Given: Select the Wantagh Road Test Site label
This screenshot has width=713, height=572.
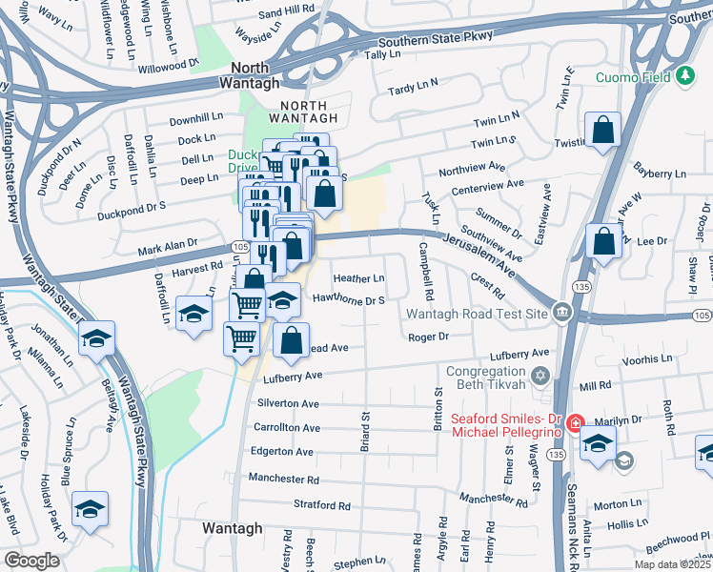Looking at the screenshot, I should (477, 314).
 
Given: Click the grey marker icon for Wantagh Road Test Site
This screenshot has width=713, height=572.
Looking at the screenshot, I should (562, 313).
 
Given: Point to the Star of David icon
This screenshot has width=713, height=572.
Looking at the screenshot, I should (542, 377).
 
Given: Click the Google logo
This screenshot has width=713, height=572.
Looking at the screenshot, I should (31, 561).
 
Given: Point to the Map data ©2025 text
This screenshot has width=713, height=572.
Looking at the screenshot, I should (672, 564).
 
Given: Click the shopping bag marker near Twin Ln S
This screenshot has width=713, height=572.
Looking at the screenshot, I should (603, 131).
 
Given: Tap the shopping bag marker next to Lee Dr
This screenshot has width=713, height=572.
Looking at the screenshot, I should (603, 241).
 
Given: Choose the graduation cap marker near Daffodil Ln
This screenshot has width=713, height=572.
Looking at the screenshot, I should (193, 316).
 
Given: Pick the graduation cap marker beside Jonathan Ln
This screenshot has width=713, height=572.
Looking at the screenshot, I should (95, 339).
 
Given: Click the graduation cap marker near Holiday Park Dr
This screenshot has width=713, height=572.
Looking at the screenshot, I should (90, 510).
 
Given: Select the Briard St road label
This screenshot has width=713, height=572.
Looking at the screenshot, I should (364, 432).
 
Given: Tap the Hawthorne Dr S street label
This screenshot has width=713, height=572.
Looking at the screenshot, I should (349, 299).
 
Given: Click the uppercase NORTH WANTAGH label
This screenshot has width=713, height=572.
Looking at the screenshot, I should (302, 111).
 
